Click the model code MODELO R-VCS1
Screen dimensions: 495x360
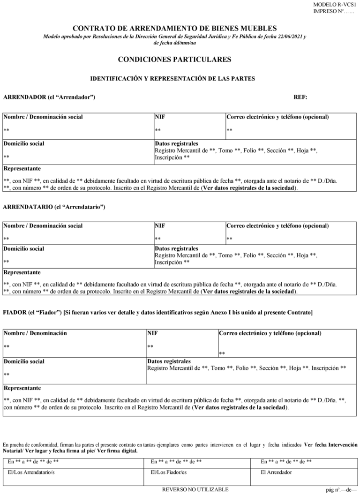click(335, 4)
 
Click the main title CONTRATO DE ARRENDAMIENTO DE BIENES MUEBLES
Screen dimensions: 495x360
click(175, 29)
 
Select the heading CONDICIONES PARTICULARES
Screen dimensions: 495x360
click(174, 60)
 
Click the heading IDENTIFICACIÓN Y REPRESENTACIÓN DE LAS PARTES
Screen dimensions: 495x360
click(172, 79)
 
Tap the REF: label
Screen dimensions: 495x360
click(300, 97)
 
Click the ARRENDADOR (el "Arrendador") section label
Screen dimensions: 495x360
click(49, 97)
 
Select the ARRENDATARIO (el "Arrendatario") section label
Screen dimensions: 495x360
click(54, 207)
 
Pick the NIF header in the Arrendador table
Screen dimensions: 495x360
click(160, 117)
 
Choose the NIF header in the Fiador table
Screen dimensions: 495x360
click(152, 333)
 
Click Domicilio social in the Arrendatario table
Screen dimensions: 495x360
click(24, 248)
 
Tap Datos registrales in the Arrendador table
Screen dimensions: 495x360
click(176, 143)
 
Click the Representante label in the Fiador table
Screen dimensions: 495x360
click(22, 388)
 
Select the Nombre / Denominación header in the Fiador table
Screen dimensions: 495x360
click(35, 333)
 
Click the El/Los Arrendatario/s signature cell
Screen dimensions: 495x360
click(31, 472)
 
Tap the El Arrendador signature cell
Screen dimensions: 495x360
click(276, 472)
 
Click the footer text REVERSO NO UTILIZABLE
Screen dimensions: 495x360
click(195, 489)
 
